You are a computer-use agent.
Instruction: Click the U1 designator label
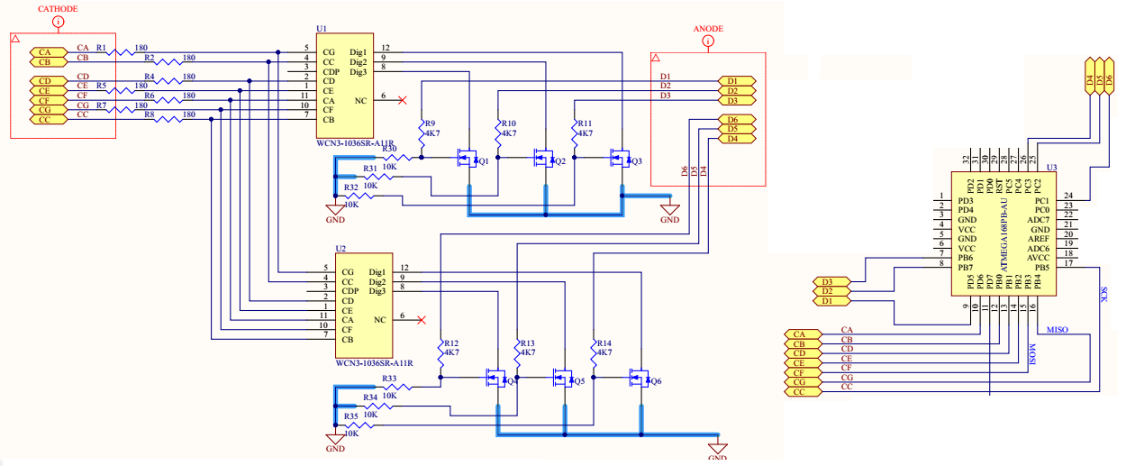[322, 30]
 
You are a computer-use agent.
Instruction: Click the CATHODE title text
[58, 8]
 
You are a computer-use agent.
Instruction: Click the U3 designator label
[1051, 168]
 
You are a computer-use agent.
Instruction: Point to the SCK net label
[1104, 294]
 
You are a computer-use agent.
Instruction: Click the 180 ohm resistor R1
[120, 52]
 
